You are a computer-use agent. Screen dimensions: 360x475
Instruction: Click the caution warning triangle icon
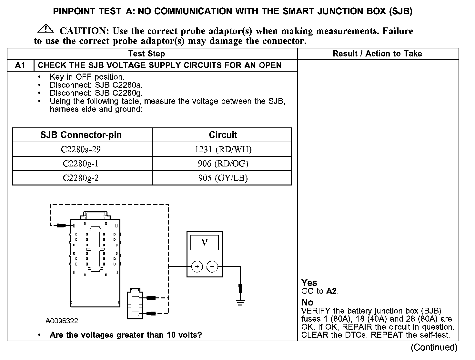[46, 29]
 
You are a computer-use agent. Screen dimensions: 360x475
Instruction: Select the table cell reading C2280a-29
[83, 149]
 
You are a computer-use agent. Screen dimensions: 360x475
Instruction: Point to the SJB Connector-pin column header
[81, 135]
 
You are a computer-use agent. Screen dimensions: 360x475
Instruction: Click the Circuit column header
[223, 135]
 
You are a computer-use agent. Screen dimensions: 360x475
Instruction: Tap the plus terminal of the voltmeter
[197, 267]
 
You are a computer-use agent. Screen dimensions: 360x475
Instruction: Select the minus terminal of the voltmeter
[212, 267]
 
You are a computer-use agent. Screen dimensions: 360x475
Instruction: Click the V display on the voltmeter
[204, 243]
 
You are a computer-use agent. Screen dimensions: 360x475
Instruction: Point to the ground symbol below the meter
[240, 302]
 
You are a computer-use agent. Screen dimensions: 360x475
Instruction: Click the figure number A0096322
[62, 321]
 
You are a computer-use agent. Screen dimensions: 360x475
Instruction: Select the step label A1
[20, 65]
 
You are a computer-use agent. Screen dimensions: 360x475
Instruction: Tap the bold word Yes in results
[309, 283]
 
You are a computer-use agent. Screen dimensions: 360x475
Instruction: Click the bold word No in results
[307, 303]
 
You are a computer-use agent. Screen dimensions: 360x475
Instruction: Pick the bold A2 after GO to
[331, 291]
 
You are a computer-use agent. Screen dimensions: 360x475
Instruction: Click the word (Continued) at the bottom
[434, 347]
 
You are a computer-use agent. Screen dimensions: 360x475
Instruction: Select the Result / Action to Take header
[377, 54]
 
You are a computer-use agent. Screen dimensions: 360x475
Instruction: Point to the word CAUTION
[83, 31]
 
